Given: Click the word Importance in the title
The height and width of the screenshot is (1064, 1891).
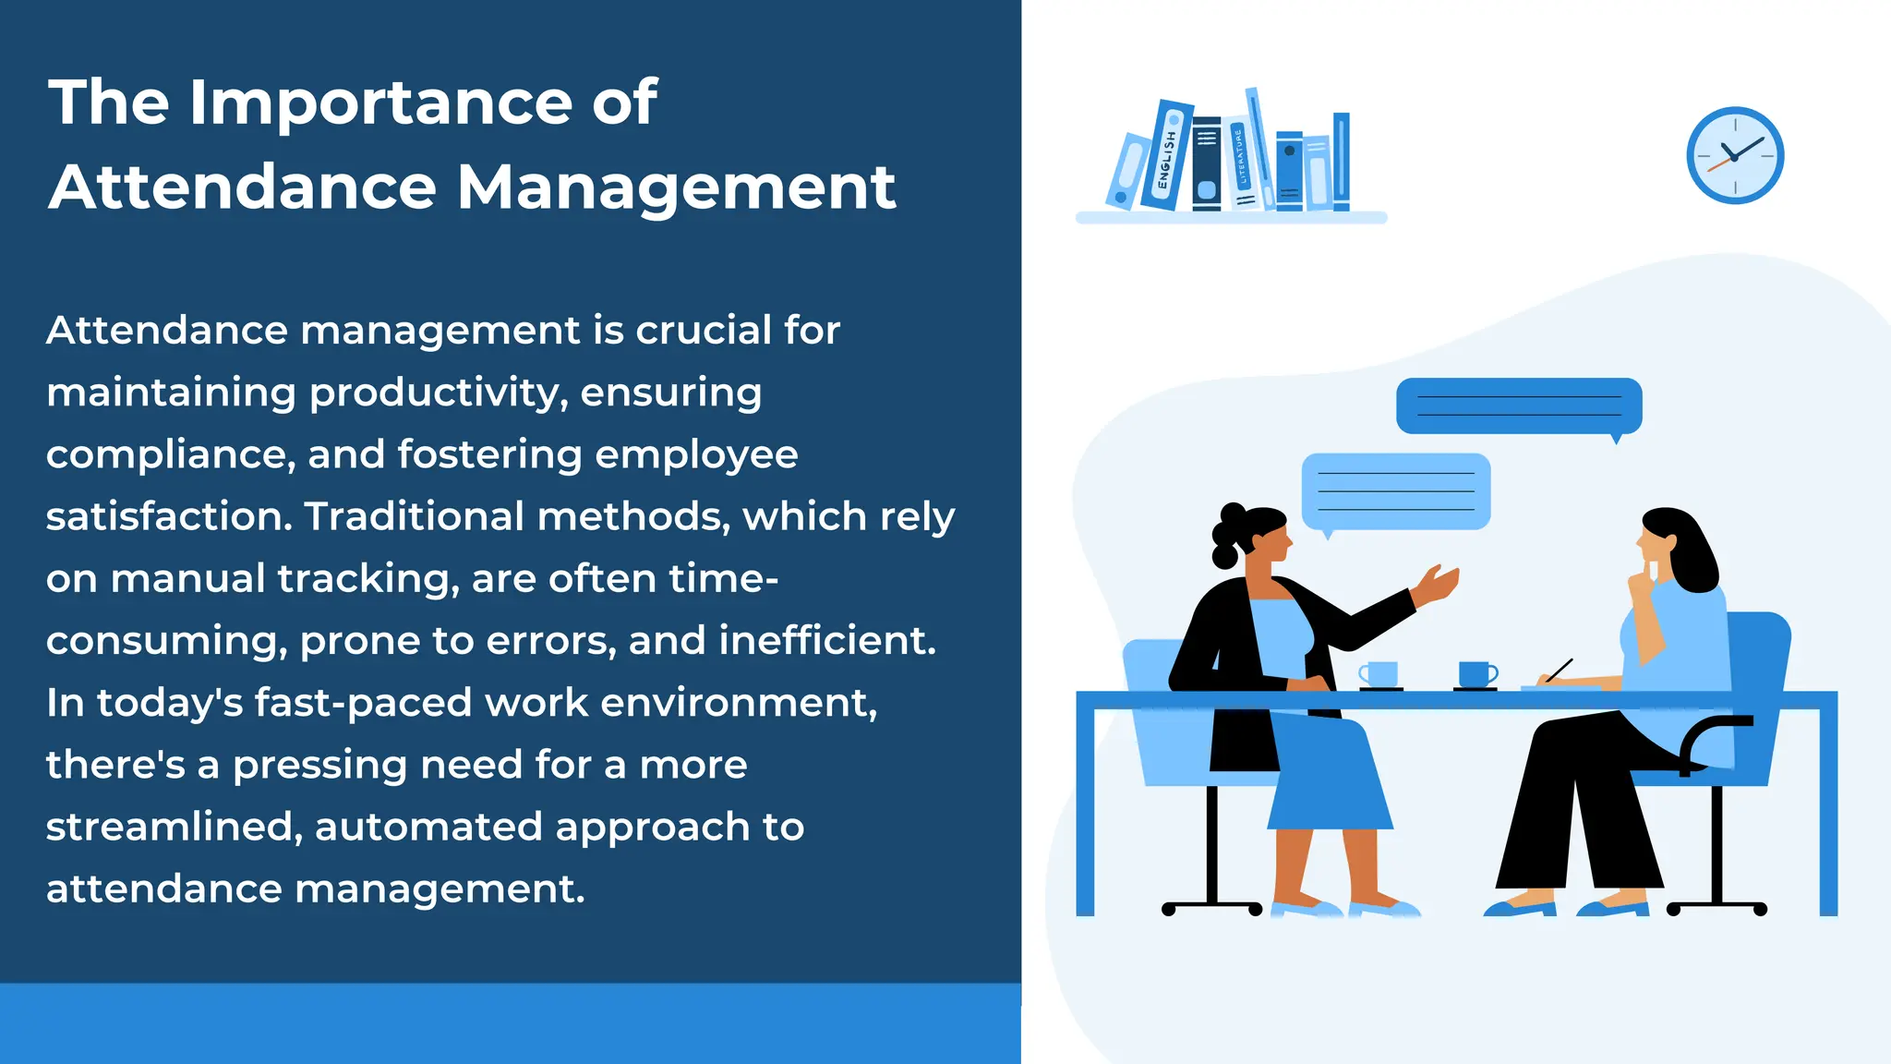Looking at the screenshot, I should pos(380,103).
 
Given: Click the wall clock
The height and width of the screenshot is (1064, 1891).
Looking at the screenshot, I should pos(1735,156).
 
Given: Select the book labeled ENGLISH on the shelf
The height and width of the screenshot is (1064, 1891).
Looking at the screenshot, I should pos(1167,155).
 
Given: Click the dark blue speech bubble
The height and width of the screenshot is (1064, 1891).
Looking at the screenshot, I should pos(1519,405).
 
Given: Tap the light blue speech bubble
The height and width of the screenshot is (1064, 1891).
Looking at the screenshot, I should pos(1395,490).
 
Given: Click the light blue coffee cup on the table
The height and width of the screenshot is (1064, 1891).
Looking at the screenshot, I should pos(1380,674).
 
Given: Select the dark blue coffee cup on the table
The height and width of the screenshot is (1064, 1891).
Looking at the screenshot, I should pos(1476,673).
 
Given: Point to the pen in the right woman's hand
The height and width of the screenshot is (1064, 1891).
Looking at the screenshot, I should pos(1560,671).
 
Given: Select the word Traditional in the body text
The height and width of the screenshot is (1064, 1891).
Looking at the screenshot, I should pos(414,516).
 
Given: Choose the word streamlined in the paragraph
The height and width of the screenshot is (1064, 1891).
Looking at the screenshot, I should pos(174,827).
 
